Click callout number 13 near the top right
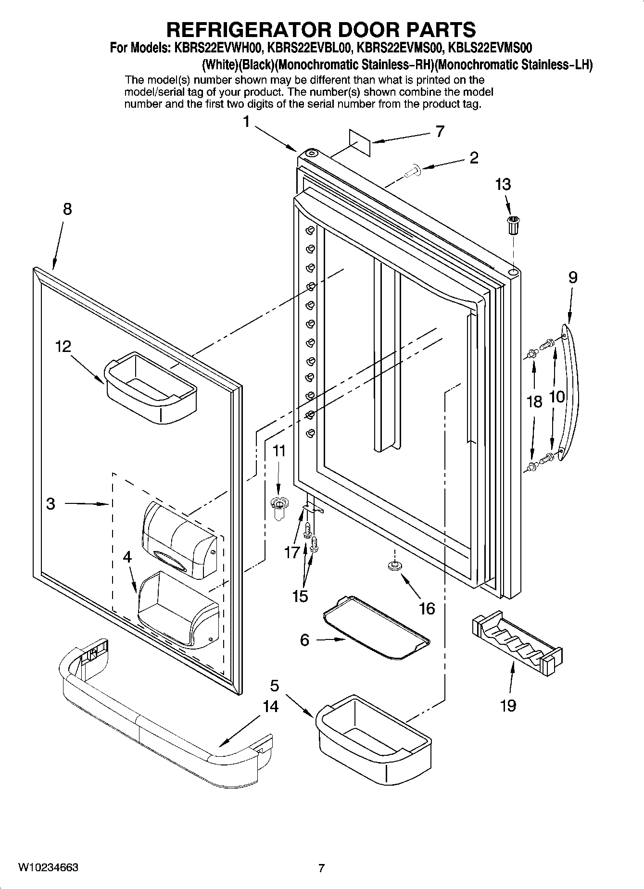tap(503, 184)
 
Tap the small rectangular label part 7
tap(360, 142)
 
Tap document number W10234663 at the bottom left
tap(48, 867)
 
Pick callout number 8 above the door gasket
tap(67, 209)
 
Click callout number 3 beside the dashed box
tap(51, 503)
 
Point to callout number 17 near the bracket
tap(291, 552)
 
